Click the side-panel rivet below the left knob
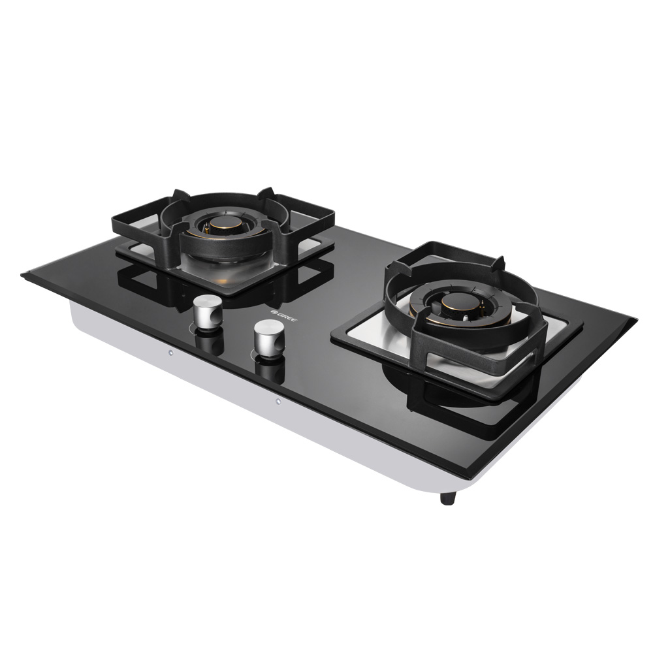coord(170,353)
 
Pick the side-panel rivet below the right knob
coord(278,402)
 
